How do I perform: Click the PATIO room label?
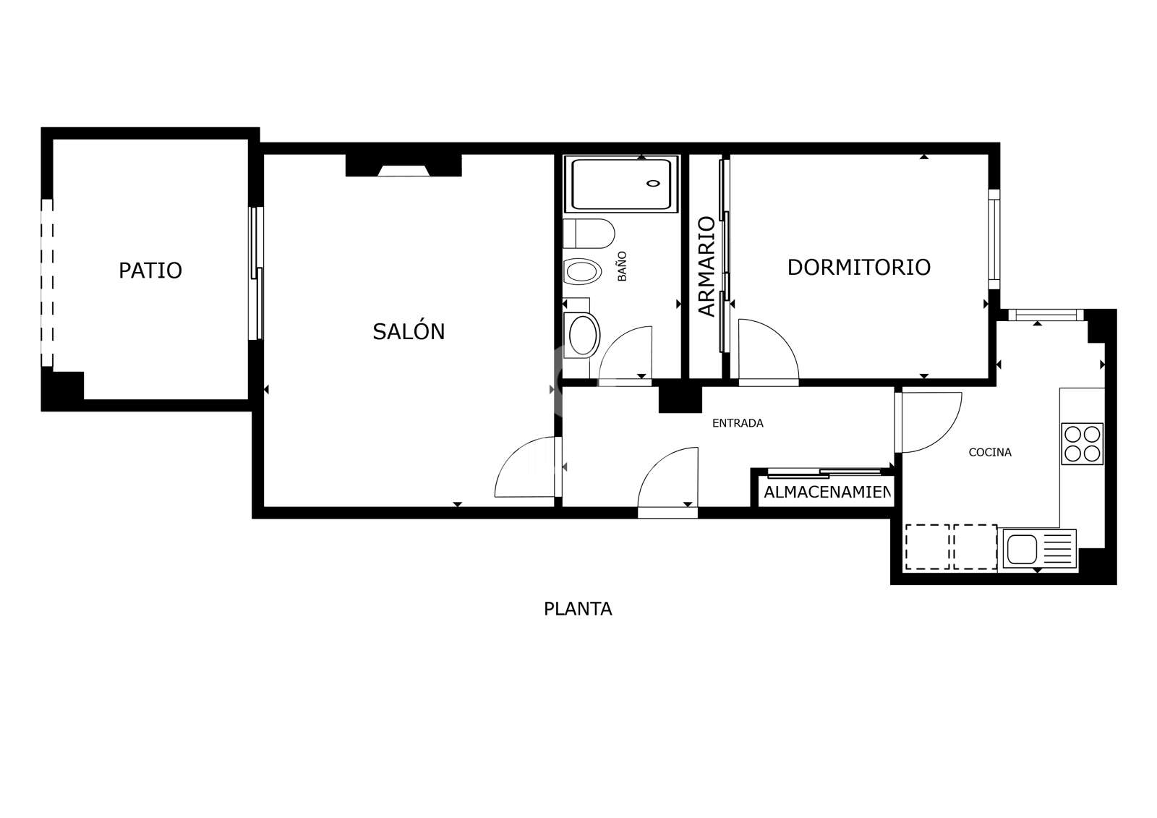click(150, 270)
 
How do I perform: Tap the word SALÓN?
click(409, 331)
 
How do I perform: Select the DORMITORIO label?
click(858, 267)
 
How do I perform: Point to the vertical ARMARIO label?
click(706, 266)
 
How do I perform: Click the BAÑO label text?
click(622, 266)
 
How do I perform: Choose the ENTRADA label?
click(738, 423)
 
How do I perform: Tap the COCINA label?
click(990, 452)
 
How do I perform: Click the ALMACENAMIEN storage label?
click(827, 493)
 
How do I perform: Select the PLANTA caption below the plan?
click(578, 609)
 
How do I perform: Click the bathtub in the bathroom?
click(621, 184)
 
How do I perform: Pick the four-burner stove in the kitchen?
click(1082, 443)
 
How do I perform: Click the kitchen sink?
click(1021, 548)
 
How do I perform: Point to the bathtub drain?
click(654, 183)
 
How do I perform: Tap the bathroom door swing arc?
click(625, 352)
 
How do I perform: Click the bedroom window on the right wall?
click(994, 239)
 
